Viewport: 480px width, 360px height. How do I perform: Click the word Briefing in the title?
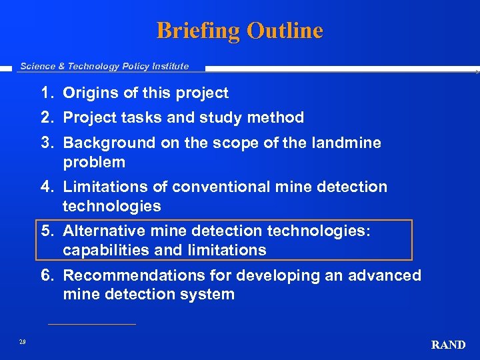click(x=198, y=31)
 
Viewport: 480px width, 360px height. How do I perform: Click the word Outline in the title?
click(x=285, y=31)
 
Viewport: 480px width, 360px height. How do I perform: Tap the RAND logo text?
click(x=448, y=345)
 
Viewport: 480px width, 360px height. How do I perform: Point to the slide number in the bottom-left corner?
click(x=23, y=341)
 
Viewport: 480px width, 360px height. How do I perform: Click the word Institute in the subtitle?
click(x=169, y=66)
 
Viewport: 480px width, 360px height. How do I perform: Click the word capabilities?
click(x=106, y=250)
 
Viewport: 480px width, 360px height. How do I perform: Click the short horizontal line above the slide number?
click(x=92, y=325)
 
